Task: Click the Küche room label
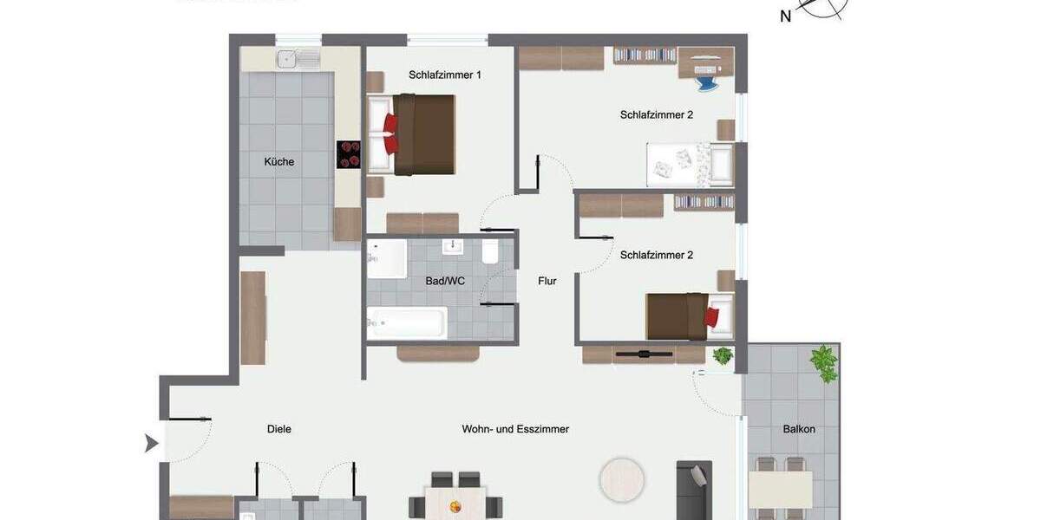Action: pos(279,162)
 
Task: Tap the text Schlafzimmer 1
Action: pos(445,75)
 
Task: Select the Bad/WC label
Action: pos(445,281)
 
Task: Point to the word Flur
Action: pos(547,281)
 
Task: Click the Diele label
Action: pos(279,429)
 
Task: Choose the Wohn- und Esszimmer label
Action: pos(515,429)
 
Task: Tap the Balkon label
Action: pos(799,429)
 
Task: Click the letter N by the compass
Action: pos(786,16)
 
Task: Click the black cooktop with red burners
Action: pos(349,154)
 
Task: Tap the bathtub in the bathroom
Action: pos(407,323)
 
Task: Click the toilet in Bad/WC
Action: pos(490,251)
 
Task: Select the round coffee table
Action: pos(622,480)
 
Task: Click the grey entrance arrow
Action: pos(152,444)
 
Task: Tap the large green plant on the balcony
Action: pos(823,363)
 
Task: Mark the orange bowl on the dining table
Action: pos(455,506)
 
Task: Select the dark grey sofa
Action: pos(694,491)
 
